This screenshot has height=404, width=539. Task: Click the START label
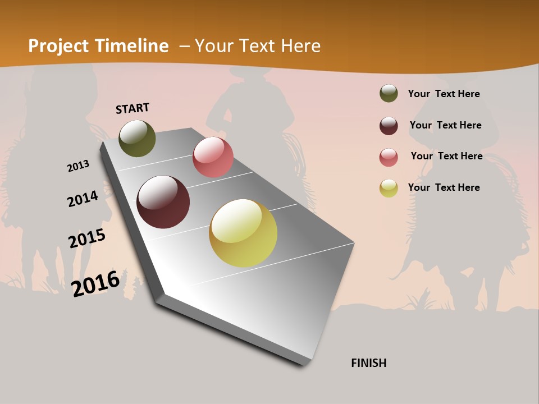pyautogui.click(x=133, y=108)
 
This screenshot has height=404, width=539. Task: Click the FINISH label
pyautogui.click(x=368, y=363)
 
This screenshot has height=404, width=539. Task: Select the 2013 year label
pyautogui.click(x=78, y=166)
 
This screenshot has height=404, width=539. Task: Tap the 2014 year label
pyautogui.click(x=83, y=199)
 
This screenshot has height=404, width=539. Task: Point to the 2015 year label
pyautogui.click(x=87, y=238)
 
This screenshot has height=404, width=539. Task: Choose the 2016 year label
pyautogui.click(x=95, y=283)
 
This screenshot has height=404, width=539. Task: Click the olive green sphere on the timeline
pyautogui.click(x=137, y=139)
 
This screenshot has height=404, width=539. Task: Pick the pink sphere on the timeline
pyautogui.click(x=213, y=157)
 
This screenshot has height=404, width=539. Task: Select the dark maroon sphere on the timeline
pyautogui.click(x=163, y=202)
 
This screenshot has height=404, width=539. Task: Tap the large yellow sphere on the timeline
pyautogui.click(x=243, y=233)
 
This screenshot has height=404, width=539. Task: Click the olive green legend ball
pyautogui.click(x=389, y=94)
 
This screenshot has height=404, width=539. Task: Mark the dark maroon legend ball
pyautogui.click(x=389, y=126)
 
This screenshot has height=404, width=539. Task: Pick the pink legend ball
pyautogui.click(x=389, y=157)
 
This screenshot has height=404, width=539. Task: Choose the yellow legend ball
pyautogui.click(x=389, y=188)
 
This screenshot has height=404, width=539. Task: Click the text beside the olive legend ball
pyautogui.click(x=444, y=94)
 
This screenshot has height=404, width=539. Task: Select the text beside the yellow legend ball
pyautogui.click(x=444, y=187)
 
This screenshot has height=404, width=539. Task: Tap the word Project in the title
pyautogui.click(x=58, y=46)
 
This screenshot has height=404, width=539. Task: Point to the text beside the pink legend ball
pyautogui.click(x=446, y=156)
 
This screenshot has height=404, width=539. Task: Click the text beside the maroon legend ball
pyautogui.click(x=445, y=125)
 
